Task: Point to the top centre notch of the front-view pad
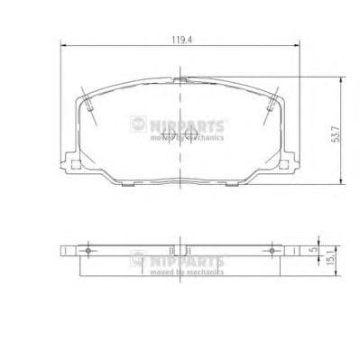pyautogui.click(x=181, y=82)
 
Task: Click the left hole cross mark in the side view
pyautogui.click(x=88, y=250)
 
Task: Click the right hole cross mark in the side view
pyautogui.click(x=272, y=250)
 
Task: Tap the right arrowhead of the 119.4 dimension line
pyautogui.click(x=300, y=48)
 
